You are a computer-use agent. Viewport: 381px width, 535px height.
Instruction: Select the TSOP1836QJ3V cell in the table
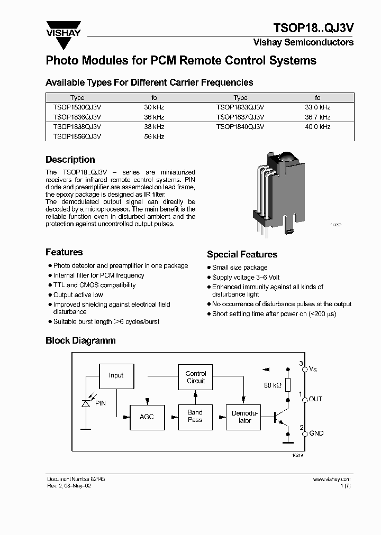point(77,117)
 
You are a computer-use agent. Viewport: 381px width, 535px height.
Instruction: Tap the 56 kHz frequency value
point(154,136)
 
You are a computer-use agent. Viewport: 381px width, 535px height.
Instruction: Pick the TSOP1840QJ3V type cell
point(240,127)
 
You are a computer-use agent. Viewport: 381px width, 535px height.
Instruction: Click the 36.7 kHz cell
point(317,117)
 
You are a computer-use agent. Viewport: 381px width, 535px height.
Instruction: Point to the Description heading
point(70,160)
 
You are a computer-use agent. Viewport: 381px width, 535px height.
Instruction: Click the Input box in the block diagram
point(116,375)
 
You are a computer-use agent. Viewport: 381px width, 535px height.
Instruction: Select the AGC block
point(147,417)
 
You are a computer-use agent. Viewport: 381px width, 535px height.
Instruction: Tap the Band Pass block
point(195,416)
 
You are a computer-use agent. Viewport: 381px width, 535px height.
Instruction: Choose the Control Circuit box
point(195,377)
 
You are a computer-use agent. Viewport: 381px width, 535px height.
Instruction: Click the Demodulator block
point(244,417)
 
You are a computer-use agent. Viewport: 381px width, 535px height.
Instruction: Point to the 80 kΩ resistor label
point(273,385)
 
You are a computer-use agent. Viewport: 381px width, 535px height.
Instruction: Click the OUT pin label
point(315,399)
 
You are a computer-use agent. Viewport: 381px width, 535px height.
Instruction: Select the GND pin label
point(316,433)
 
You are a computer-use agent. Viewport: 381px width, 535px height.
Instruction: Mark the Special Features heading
point(242,254)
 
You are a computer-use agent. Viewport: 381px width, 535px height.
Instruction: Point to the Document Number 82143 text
point(76,479)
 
